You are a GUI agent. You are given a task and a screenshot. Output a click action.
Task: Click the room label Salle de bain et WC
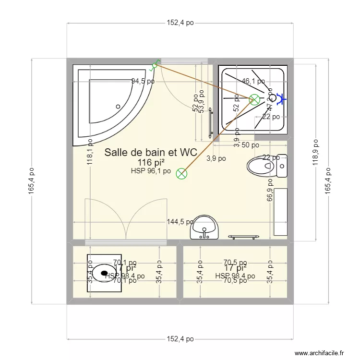coord(151,153)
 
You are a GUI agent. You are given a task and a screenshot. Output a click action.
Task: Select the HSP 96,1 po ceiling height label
coord(151,171)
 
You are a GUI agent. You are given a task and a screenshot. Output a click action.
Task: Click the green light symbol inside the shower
coord(254,99)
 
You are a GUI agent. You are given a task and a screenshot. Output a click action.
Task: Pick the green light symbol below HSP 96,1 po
coord(181,174)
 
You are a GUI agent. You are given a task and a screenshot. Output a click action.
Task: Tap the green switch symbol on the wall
coord(155,65)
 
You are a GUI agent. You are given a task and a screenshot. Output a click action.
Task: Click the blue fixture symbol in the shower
coord(281,99)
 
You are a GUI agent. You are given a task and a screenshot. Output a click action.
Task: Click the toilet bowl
coord(262,168)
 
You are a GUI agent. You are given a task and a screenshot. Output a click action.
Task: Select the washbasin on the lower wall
coord(204,227)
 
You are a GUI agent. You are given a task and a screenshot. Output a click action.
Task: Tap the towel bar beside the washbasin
coord(245,237)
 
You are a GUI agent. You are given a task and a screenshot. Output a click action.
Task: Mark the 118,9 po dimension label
coord(315,153)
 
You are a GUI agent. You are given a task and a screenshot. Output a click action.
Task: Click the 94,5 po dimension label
coord(143,81)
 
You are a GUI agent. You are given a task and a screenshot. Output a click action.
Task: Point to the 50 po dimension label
coord(250,144)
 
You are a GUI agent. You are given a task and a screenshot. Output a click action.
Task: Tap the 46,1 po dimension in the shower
coord(253,81)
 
